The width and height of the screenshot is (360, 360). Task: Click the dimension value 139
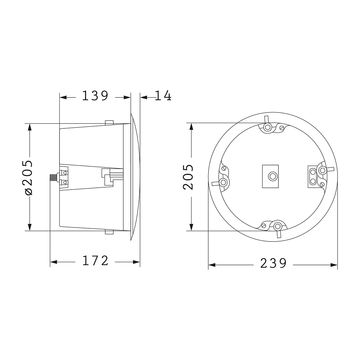point(95,96)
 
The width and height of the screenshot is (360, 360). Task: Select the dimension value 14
point(163,96)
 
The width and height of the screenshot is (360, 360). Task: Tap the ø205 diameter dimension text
point(29,178)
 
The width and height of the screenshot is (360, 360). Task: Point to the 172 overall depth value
point(95,261)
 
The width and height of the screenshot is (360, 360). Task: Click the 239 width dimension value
point(273,264)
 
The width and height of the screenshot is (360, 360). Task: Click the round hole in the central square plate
point(272,176)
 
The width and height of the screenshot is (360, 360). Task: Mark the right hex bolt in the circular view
point(323,170)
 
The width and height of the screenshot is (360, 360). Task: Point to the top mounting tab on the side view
point(109,123)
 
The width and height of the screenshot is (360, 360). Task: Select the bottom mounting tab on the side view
point(109,232)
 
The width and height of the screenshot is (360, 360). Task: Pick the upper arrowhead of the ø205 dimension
point(29,127)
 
